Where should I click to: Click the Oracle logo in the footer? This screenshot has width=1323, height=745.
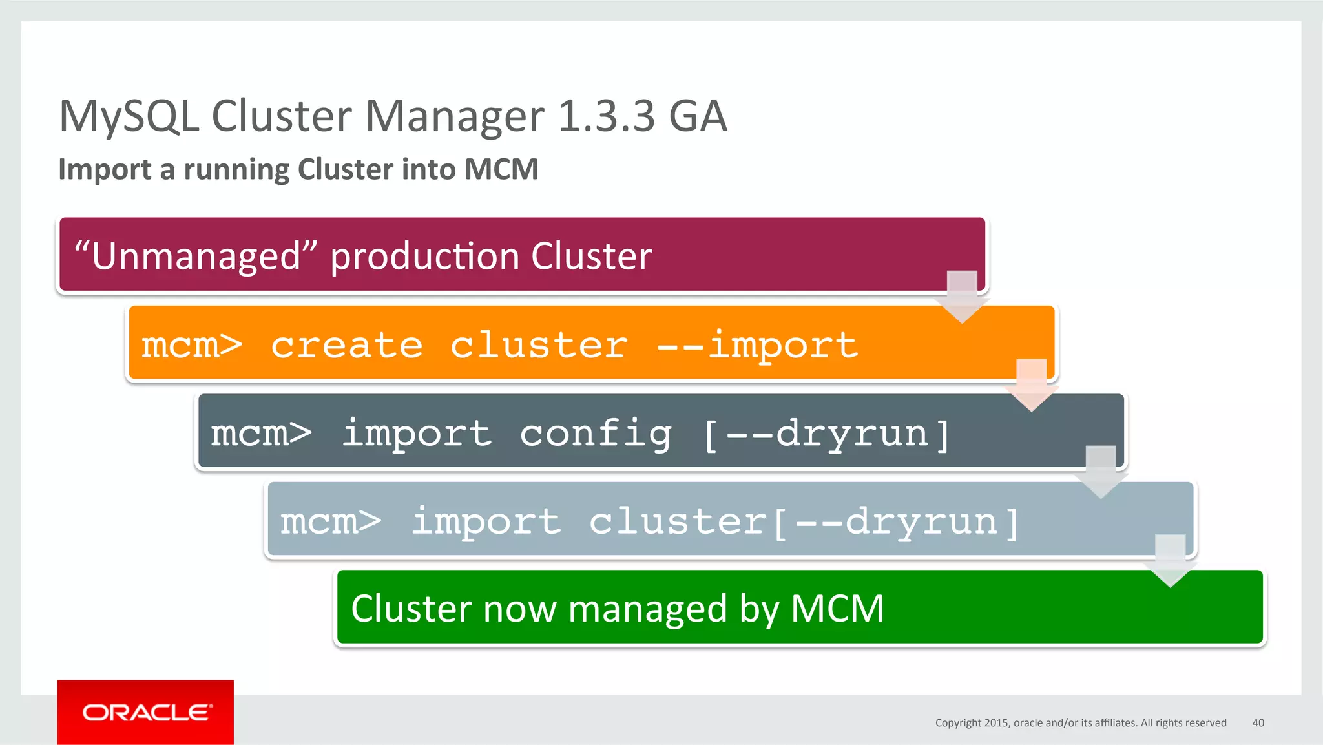coord(146,712)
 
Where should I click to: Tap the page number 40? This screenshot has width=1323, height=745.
coord(1258,722)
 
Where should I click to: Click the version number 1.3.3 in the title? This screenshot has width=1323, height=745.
coord(606,116)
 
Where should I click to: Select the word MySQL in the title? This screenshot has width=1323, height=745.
coord(129,117)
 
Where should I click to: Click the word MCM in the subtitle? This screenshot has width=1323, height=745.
coord(501,169)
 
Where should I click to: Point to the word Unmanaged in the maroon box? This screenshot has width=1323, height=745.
coord(196,256)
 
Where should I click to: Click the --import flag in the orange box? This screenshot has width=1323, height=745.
coord(757,345)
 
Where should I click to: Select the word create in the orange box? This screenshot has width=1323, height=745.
coord(346,345)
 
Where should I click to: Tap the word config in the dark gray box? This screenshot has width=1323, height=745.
coord(596,433)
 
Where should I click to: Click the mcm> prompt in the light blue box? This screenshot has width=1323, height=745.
coord(330,521)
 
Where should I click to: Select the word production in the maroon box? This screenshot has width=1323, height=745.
coord(425,256)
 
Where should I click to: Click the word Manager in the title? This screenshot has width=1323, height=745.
coord(455,117)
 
